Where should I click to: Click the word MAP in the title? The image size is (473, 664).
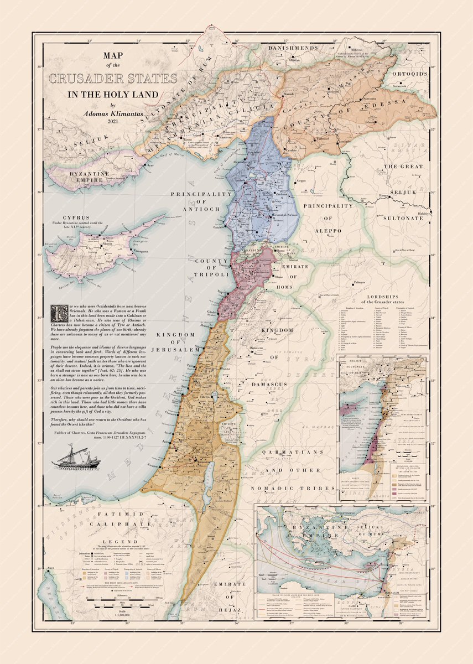click(113, 56)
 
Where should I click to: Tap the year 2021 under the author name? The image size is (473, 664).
click(113, 122)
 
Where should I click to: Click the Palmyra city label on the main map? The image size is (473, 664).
click(360, 281)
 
